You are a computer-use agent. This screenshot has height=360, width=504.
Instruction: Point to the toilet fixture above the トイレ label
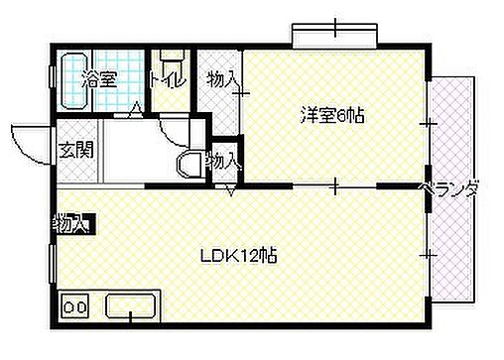pyautogui.click(x=172, y=58)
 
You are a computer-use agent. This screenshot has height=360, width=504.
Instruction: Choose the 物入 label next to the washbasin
pyautogui.click(x=221, y=159)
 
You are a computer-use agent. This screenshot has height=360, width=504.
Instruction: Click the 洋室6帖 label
pyautogui.click(x=333, y=116)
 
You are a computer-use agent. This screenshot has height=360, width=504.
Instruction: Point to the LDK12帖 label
pyautogui.click(x=241, y=255)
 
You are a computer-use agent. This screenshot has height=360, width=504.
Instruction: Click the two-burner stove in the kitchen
pyautogui.click(x=75, y=305)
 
